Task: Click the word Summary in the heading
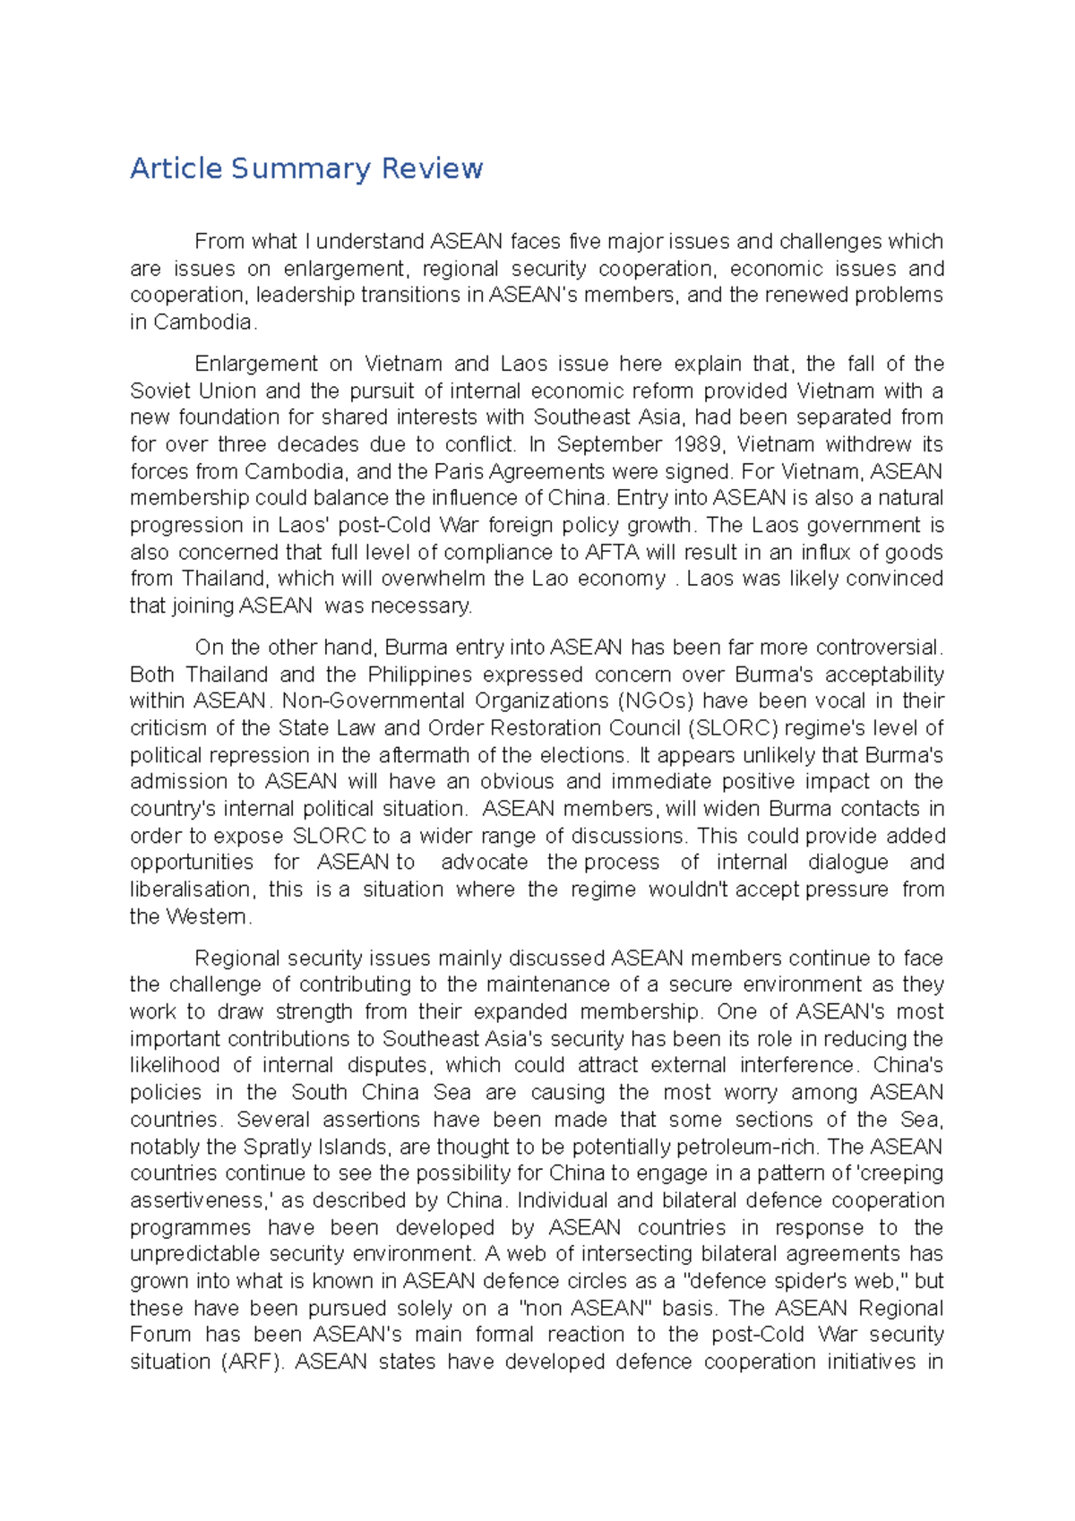click(300, 168)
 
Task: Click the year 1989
click(698, 444)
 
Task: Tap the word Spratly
click(277, 1147)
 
